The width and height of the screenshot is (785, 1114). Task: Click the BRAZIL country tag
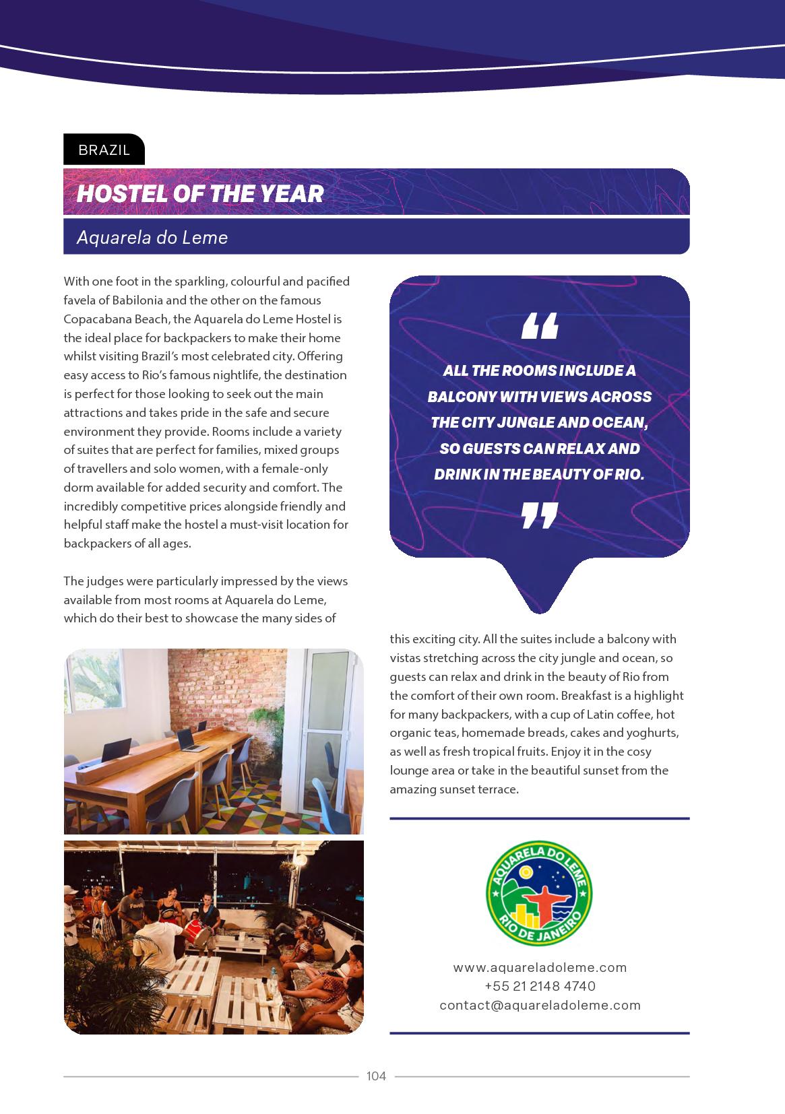click(x=104, y=150)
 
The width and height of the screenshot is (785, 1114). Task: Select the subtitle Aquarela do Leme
click(x=152, y=238)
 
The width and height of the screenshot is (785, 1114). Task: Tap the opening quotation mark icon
click(x=540, y=326)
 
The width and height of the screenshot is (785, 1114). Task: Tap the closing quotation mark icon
click(x=540, y=516)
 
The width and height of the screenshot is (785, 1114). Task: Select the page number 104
click(x=376, y=1076)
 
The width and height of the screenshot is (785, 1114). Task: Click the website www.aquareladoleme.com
click(x=540, y=967)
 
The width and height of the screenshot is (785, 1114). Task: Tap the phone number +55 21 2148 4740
click(x=540, y=986)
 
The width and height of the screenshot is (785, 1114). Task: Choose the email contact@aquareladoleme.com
click(x=540, y=1005)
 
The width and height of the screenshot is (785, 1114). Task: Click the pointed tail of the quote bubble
click(x=539, y=603)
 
